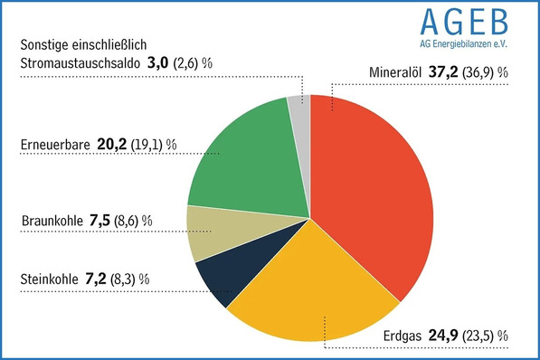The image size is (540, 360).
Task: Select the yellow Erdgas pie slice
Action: click(x=303, y=289)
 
